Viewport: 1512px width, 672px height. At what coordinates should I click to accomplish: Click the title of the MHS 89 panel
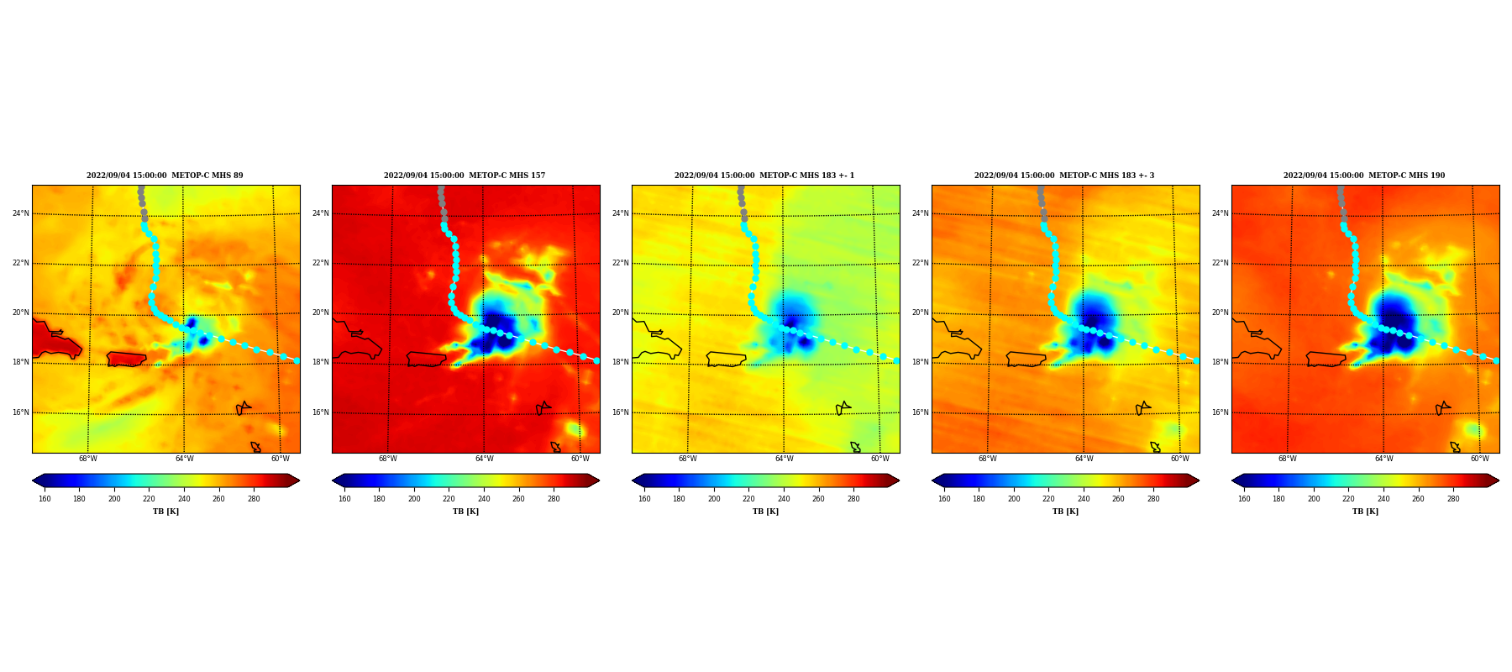165,176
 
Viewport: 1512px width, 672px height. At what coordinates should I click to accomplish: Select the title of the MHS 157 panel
465,176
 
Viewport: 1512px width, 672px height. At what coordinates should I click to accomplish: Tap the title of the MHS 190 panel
1364,176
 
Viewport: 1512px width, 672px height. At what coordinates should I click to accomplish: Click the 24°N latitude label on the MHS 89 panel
21,213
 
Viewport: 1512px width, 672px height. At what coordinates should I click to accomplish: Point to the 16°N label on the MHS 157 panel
321,412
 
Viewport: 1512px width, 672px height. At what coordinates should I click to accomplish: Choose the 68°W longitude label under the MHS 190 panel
1288,459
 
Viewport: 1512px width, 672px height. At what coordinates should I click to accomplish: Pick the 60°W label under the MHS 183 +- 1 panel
880,459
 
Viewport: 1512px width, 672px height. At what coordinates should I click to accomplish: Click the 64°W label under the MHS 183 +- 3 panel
1084,459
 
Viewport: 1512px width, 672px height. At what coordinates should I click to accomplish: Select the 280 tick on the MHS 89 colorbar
254,499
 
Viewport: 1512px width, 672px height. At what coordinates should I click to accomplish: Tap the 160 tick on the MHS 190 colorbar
1244,499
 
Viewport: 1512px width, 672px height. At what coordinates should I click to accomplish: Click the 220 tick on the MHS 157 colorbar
449,499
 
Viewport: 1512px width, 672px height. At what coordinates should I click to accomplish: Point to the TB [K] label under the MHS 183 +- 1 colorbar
765,512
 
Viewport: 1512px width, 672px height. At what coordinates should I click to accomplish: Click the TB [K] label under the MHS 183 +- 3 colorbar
1065,512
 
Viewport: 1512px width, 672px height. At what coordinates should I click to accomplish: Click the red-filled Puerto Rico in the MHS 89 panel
127,360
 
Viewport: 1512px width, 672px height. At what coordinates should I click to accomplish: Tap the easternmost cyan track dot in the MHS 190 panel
1496,360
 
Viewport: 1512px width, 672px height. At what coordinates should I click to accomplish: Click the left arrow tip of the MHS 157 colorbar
333,480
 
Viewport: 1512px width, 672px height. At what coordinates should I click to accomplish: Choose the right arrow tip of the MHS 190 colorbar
1499,480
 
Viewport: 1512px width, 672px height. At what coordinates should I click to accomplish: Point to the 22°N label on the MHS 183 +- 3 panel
921,263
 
